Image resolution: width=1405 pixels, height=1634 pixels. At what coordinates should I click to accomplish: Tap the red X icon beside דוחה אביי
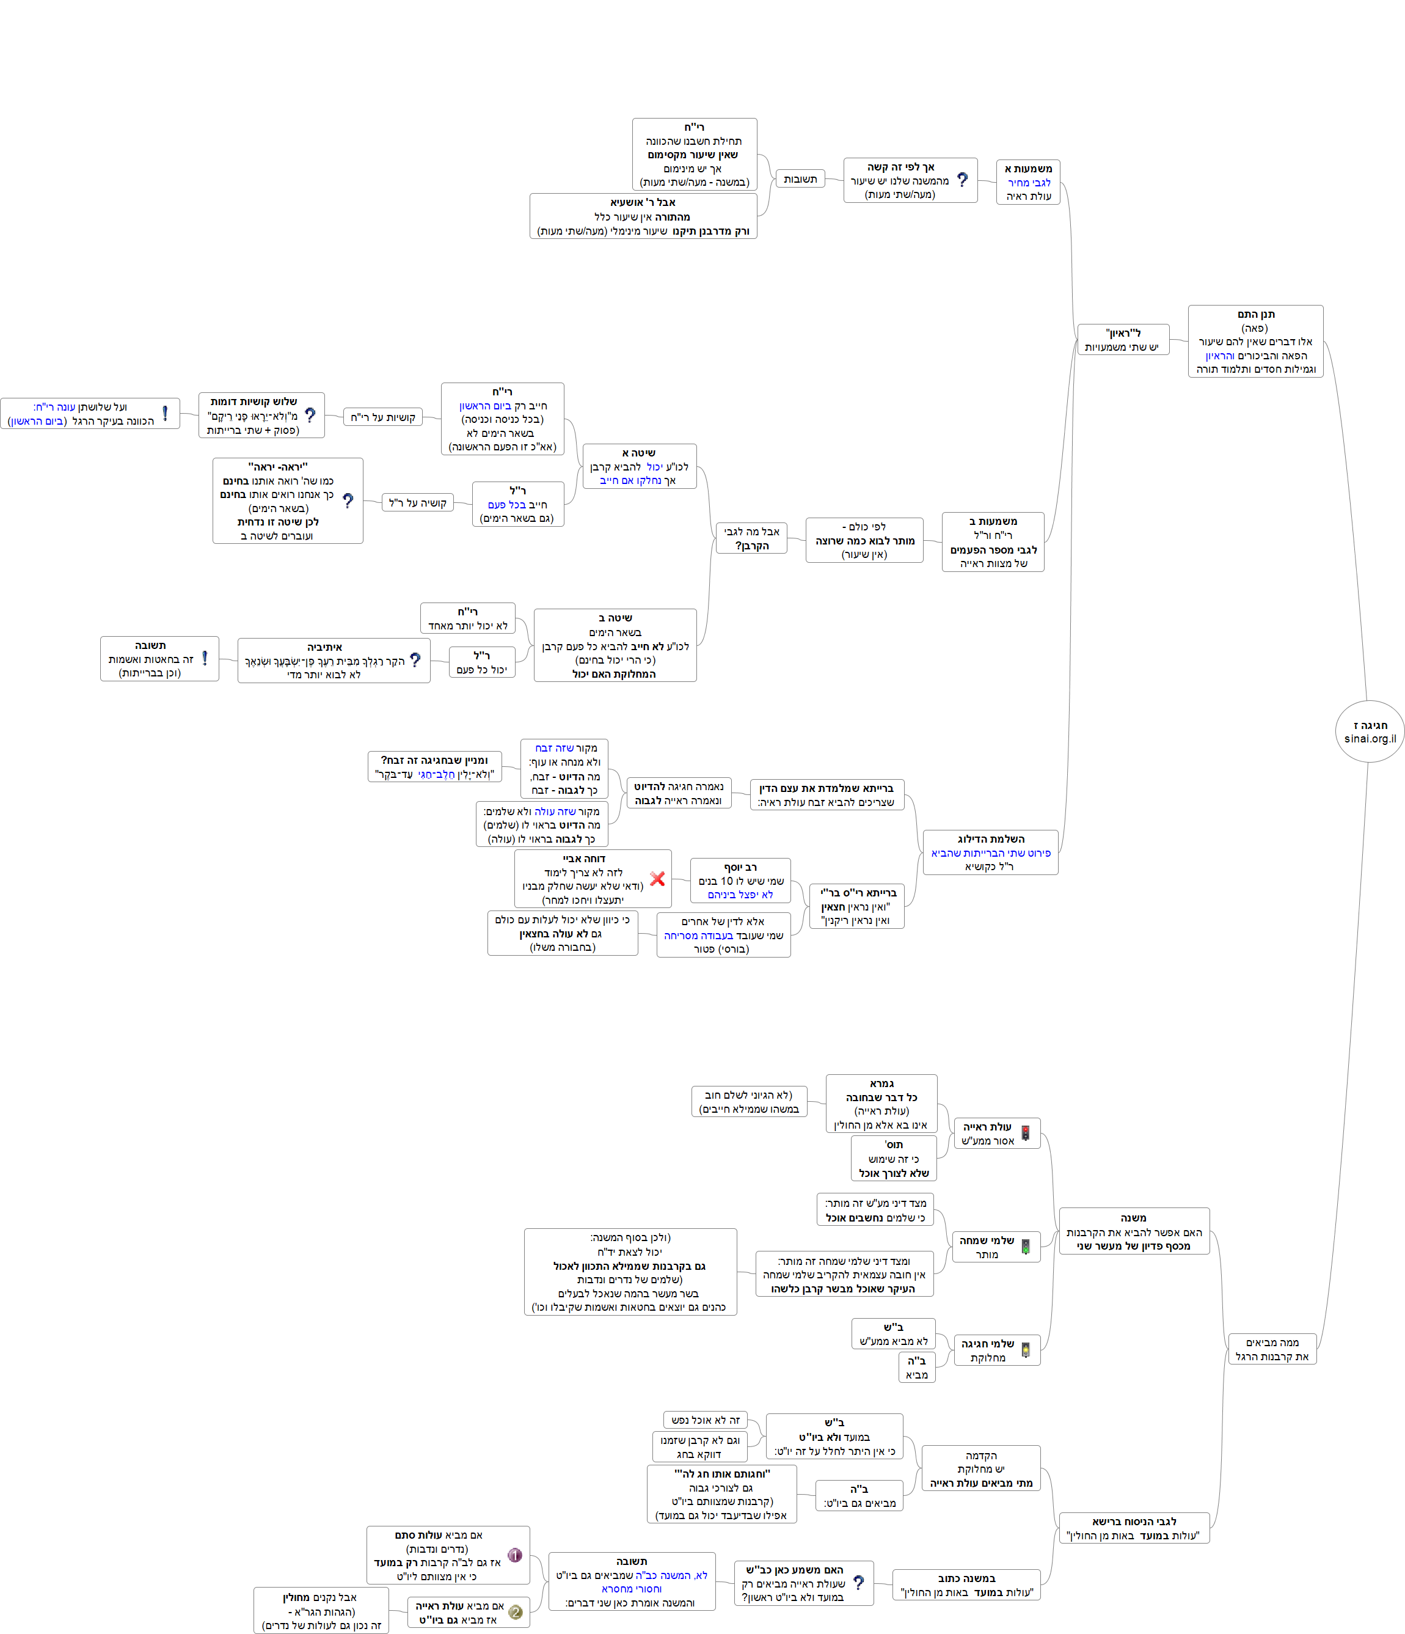(657, 879)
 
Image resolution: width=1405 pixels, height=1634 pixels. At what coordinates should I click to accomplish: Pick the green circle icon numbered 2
(516, 1612)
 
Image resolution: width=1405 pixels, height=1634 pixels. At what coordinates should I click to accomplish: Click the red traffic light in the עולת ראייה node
(1025, 1134)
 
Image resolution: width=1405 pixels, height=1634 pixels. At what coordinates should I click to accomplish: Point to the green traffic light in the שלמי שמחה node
(1025, 1247)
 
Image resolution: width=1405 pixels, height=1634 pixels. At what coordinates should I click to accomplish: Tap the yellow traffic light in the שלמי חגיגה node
(1025, 1350)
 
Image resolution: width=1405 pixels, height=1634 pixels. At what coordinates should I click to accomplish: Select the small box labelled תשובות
(800, 179)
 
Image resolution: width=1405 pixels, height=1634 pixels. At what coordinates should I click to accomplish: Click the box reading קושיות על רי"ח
(383, 417)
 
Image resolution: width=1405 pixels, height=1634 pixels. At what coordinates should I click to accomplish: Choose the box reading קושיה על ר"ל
(418, 502)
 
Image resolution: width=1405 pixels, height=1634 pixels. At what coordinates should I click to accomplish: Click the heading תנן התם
(1256, 314)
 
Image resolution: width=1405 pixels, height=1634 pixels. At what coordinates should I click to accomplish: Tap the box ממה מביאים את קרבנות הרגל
(1272, 1349)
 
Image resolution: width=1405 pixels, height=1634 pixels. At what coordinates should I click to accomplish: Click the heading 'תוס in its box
(893, 1145)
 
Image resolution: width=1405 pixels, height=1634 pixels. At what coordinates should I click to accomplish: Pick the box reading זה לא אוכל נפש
(706, 1420)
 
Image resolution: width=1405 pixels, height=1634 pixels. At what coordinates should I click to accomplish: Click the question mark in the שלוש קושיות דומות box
(310, 415)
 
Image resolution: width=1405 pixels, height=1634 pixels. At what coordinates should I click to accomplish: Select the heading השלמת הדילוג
(991, 838)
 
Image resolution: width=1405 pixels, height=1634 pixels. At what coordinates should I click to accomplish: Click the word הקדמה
(981, 1455)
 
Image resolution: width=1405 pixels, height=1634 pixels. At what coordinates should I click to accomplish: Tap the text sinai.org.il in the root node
(1370, 739)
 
